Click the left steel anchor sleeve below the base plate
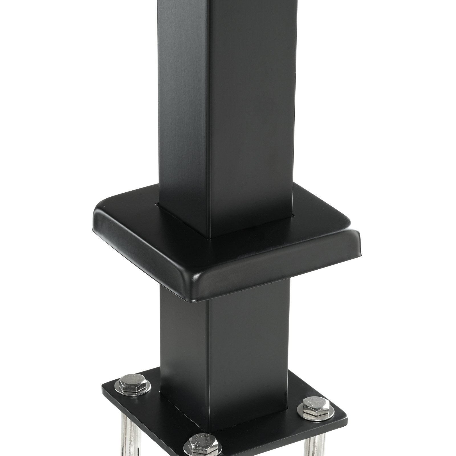point(127,427)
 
